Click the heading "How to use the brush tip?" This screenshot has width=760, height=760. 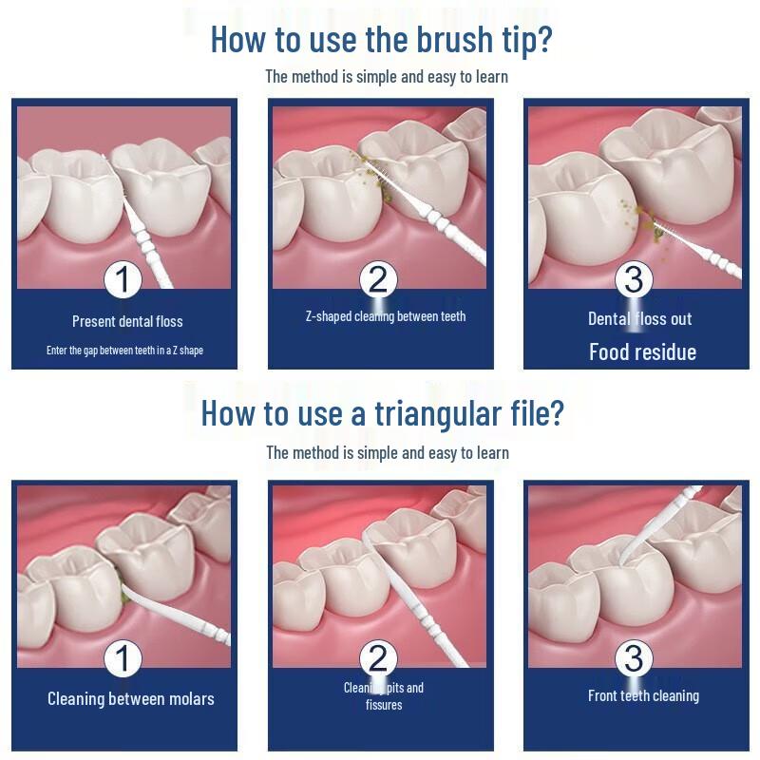[x=382, y=40]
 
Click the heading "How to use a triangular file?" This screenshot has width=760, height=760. [x=383, y=413]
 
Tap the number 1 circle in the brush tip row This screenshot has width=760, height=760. [x=123, y=280]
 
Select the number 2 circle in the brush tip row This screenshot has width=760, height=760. [x=378, y=280]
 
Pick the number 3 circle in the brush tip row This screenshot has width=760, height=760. [x=634, y=280]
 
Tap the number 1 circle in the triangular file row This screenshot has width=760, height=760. [x=123, y=658]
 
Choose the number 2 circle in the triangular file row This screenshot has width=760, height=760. [x=378, y=658]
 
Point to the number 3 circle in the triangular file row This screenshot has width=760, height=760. [x=634, y=658]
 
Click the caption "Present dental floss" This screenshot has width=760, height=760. [x=127, y=321]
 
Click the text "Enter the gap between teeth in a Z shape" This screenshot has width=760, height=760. [x=124, y=351]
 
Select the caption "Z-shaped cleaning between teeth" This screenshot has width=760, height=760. [x=386, y=316]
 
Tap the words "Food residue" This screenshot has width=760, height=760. [x=643, y=351]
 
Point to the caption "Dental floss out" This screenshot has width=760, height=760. [x=639, y=319]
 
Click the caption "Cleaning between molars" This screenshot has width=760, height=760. [x=131, y=699]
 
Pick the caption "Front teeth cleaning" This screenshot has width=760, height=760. [x=644, y=696]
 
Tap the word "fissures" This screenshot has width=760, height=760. [x=384, y=705]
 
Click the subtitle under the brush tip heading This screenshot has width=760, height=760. [x=387, y=77]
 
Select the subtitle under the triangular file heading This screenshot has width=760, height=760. [x=388, y=453]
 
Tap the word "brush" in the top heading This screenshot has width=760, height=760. [x=455, y=39]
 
